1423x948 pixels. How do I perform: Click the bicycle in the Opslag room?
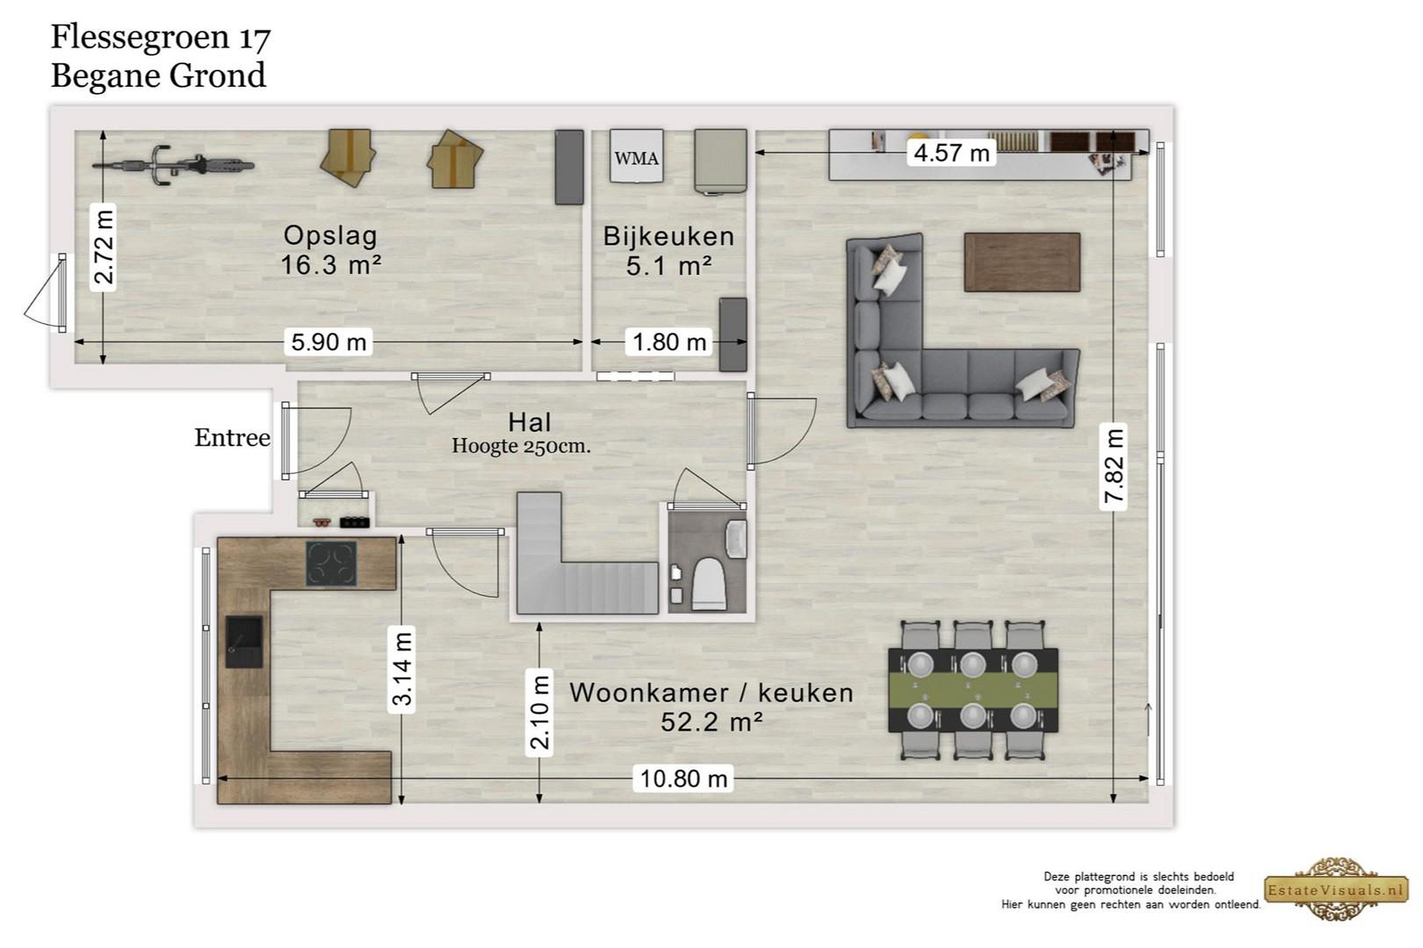[173, 164]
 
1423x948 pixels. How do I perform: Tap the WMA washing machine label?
[636, 158]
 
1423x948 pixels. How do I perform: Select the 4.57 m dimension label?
[951, 153]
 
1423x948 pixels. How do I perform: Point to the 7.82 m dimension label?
[1113, 466]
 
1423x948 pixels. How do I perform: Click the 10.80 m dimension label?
[683, 779]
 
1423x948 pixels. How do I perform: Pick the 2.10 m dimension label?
[539, 712]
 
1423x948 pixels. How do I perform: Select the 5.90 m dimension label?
[329, 342]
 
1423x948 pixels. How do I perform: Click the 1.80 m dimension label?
[669, 342]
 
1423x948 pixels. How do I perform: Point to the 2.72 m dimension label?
[103, 247]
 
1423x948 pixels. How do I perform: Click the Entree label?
[232, 437]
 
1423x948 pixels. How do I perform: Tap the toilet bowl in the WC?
[709, 584]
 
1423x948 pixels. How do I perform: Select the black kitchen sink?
[244, 642]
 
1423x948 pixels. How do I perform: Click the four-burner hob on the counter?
[331, 563]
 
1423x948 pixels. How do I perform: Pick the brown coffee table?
[1022, 262]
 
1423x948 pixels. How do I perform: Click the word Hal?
[529, 422]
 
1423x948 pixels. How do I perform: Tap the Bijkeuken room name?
[669, 236]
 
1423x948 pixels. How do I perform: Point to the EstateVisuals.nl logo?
[1336, 889]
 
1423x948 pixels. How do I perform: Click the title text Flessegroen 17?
[160, 38]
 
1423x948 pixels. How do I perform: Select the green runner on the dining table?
[973, 690]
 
